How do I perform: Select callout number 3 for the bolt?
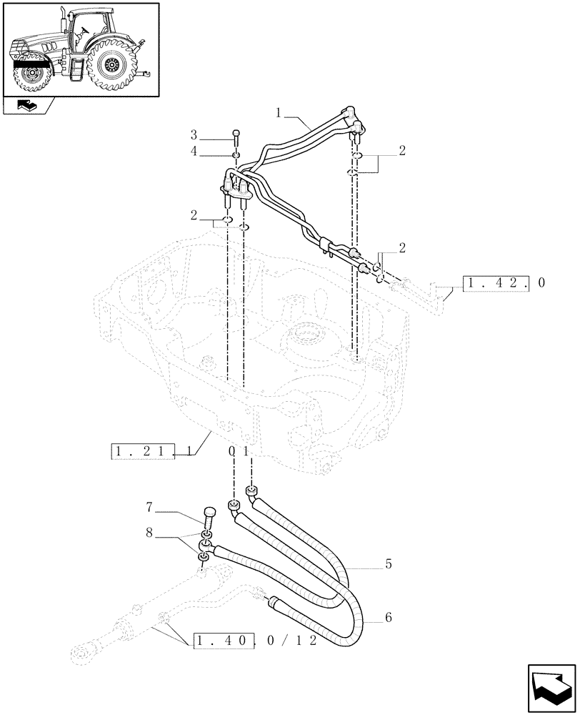tap(194, 134)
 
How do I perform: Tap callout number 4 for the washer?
tap(194, 152)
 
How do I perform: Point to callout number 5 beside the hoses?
tap(388, 564)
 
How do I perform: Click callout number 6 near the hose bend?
tap(388, 616)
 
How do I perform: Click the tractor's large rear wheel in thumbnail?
tap(110, 66)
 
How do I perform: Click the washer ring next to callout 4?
tap(236, 155)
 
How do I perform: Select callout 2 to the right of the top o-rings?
tap(402, 151)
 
